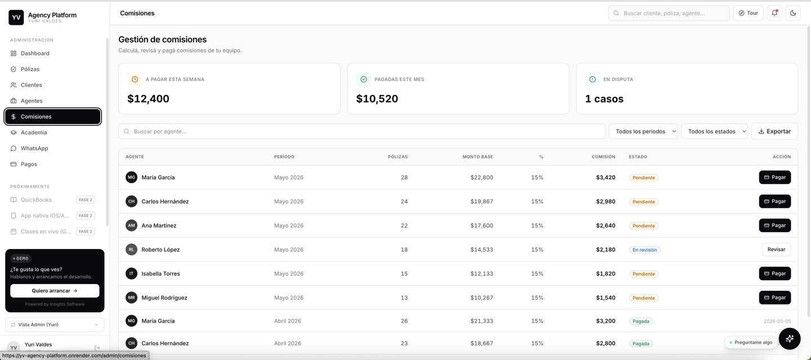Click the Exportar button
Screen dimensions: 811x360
click(774, 131)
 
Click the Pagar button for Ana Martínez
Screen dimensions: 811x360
click(775, 225)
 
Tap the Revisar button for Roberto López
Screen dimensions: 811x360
click(776, 249)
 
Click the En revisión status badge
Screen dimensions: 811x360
click(644, 250)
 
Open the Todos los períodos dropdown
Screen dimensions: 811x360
click(643, 131)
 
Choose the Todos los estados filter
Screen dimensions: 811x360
click(714, 131)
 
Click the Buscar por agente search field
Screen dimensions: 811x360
click(362, 131)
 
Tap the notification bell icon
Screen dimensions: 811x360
click(774, 13)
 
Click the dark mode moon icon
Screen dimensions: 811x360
click(793, 13)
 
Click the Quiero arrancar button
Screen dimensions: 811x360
click(55, 291)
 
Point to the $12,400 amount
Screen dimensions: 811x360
click(148, 99)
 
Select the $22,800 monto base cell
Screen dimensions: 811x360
click(482, 177)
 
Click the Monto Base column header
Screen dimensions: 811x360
click(478, 157)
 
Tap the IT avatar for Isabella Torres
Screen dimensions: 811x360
click(131, 273)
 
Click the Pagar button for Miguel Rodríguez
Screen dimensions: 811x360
click(775, 297)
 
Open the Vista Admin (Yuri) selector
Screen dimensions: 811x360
click(55, 325)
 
